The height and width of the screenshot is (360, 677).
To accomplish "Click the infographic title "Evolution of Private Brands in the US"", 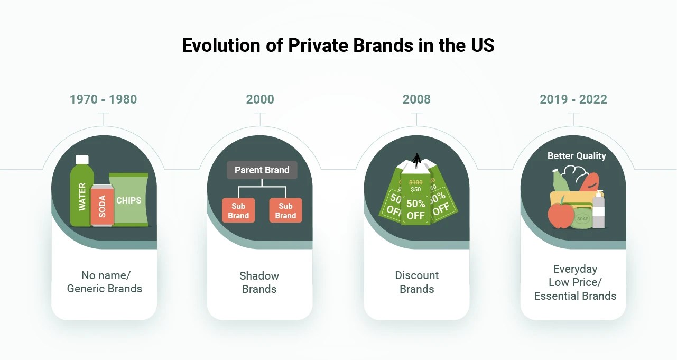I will (338, 45).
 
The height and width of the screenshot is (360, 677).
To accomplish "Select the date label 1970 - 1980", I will (103, 99).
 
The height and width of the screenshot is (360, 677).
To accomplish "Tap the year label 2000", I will (260, 99).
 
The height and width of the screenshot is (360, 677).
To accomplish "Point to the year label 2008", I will (416, 99).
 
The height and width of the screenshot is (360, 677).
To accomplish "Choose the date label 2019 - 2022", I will (573, 99).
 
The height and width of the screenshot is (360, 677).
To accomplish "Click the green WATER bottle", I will (82, 193).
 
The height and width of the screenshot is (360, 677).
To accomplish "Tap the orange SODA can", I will (102, 206).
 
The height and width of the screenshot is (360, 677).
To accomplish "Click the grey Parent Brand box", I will (262, 170).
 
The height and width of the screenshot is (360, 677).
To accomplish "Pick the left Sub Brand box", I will (238, 210).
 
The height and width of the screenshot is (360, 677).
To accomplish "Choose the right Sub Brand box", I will (285, 210).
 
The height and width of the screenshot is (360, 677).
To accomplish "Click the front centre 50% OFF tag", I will (415, 209).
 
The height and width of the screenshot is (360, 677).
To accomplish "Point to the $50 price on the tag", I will (415, 189).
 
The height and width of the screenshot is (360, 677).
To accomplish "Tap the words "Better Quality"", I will (577, 156).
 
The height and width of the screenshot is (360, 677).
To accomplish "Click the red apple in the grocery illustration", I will (561, 216).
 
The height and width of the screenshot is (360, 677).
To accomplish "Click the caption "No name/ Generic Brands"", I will (104, 282).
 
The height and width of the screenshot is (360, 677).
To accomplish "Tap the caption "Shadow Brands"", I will (259, 282).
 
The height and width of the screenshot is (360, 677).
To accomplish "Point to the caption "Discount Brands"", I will (416, 282).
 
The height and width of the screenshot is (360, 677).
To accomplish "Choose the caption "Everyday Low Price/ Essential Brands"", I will (575, 282).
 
